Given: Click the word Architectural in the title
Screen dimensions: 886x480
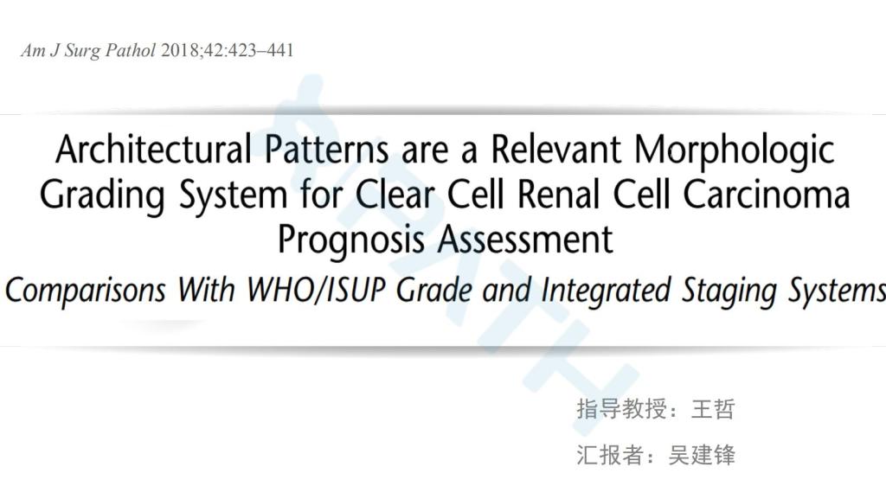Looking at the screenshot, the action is [x=154, y=149].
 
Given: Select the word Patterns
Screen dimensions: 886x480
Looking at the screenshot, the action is [x=326, y=149].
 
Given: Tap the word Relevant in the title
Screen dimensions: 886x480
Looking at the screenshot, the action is [x=555, y=149].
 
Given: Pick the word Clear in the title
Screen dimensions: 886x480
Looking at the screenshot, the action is [x=395, y=195].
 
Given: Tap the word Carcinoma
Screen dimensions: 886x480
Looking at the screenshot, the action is [x=767, y=195].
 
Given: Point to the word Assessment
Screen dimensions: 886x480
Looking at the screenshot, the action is [x=525, y=240].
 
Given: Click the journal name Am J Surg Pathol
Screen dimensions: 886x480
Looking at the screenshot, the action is [x=87, y=51].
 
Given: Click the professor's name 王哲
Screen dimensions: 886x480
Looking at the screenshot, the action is [x=713, y=409].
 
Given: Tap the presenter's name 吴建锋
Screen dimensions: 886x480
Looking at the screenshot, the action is [x=701, y=455].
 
